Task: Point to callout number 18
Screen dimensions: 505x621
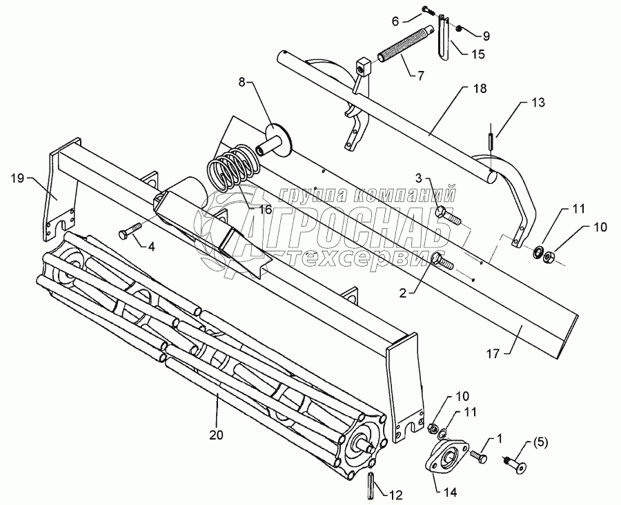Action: [x=480, y=89]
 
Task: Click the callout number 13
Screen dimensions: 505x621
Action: [x=538, y=103]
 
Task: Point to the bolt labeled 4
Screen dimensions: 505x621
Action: [x=131, y=231]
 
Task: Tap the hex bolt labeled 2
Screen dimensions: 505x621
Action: [x=442, y=262]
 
